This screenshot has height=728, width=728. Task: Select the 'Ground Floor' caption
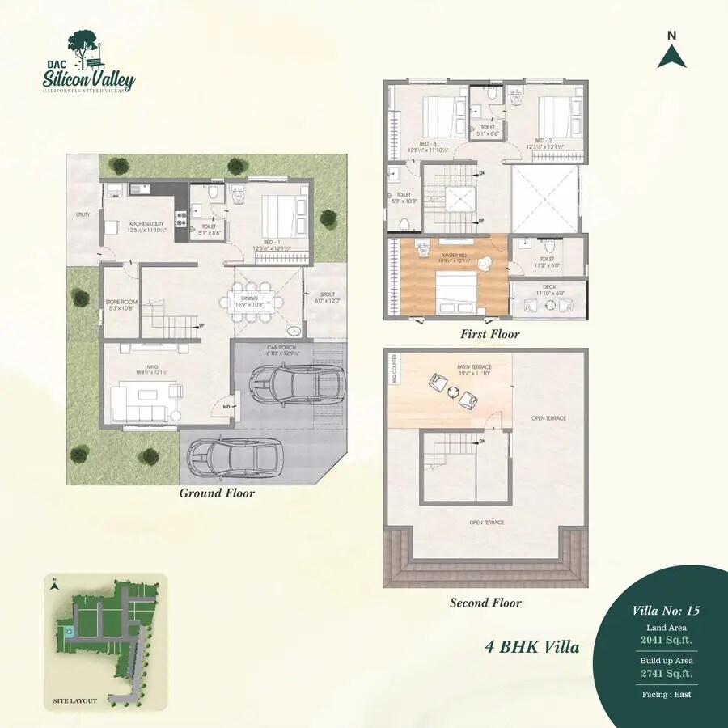pos(217,493)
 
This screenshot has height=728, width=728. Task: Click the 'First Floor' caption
pos(490,334)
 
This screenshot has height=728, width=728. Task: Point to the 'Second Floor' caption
pos(485,603)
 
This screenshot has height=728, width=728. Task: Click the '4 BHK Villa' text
pos(532,647)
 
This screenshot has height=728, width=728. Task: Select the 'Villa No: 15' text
pos(666,611)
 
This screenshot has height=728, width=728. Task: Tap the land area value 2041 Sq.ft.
pos(666,640)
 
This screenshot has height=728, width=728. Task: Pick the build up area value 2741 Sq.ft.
pos(666,673)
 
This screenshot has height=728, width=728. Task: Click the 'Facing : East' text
pos(666,694)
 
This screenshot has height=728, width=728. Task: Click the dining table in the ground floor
pos(252,302)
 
